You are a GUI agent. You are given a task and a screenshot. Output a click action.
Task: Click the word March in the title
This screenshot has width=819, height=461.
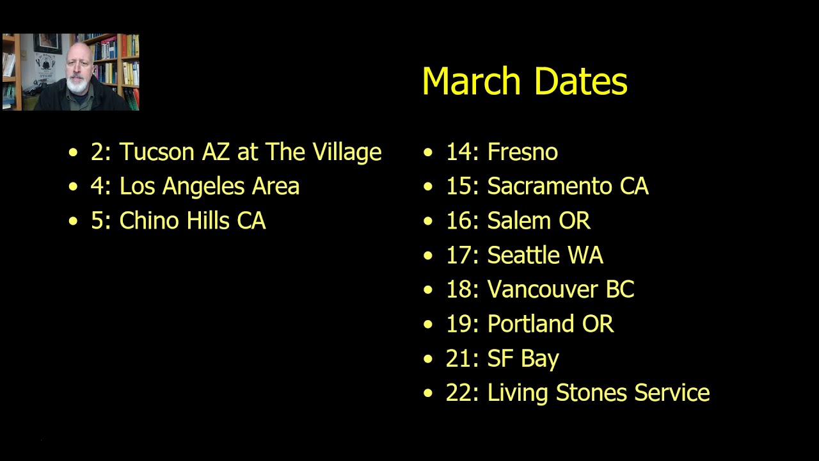(472, 82)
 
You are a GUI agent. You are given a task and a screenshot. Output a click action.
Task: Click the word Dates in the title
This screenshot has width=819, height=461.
(580, 82)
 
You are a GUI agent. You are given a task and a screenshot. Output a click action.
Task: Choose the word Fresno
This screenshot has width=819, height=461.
(522, 152)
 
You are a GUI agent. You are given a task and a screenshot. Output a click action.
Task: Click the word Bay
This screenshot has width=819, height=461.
(541, 359)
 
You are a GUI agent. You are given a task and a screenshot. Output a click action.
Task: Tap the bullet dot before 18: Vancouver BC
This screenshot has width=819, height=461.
(428, 290)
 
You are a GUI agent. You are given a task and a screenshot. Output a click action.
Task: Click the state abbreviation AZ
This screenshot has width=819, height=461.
(216, 152)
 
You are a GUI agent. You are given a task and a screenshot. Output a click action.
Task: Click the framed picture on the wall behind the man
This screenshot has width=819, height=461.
(47, 44)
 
